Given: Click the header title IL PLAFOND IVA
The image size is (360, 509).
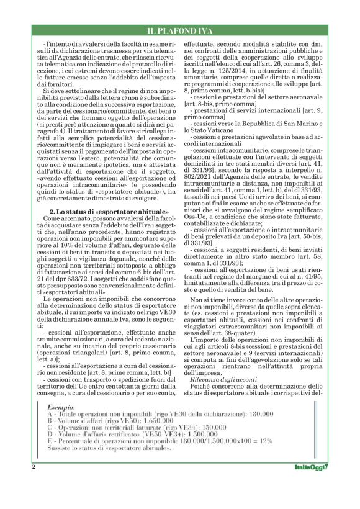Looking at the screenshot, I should [179, 30].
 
